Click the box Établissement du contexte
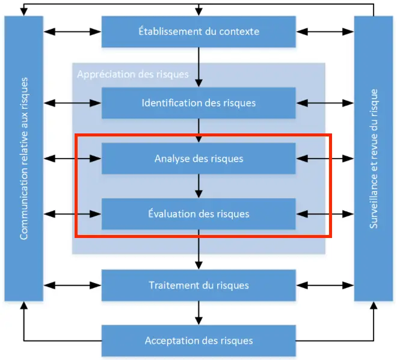tap(198, 31)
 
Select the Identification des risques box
tap(198, 103)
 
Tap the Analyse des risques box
tap(198, 159)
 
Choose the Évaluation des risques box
tap(198, 213)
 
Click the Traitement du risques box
tap(198, 285)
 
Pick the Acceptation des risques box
tap(198, 341)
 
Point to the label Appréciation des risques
tap(133, 75)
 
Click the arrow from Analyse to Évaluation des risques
tap(198, 186)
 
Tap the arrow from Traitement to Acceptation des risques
tap(198, 313)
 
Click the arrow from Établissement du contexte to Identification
tap(198, 67)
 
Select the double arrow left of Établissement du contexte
tap(72, 31)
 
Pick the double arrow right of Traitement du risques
tap(325, 285)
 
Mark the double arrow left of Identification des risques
tap(72, 103)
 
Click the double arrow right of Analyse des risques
tap(325, 159)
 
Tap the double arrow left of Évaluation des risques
tap(72, 213)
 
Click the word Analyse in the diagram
tap(171, 159)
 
